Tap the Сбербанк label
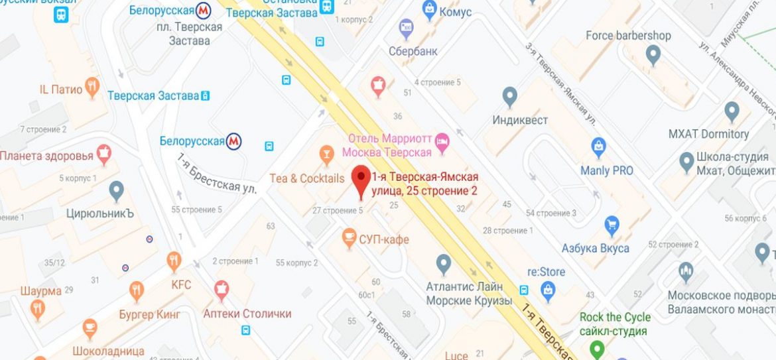coord(413,51)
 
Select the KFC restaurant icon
coord(174,261)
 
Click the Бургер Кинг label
coord(149,314)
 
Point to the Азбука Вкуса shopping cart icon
coord(612,225)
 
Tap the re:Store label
coord(546,272)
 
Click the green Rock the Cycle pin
coord(598,347)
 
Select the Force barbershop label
coord(628,36)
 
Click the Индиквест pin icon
coord(509,96)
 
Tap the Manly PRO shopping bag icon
coord(599,146)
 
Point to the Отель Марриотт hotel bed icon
coord(442,140)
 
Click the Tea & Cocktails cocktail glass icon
coord(326,155)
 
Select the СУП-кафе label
coord(383,239)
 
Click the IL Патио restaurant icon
coord(92,87)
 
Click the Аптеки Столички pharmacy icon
coord(222,289)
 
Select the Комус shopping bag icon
coord(429,9)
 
